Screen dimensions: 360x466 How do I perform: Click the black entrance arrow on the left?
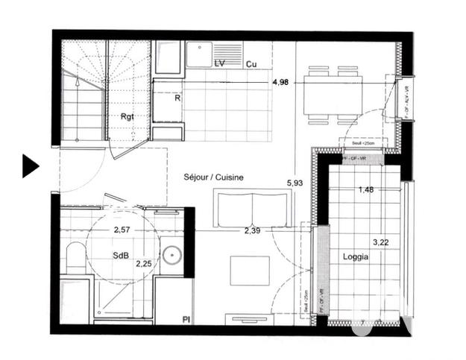(29, 165)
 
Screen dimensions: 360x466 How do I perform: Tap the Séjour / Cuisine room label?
(214, 177)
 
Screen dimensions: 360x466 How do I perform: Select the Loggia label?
(355, 256)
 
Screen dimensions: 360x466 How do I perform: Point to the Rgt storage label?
(127, 116)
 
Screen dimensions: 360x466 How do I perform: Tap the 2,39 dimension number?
(252, 230)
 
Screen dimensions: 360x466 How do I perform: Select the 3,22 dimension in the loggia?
(381, 242)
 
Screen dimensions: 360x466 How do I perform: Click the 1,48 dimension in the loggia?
(366, 189)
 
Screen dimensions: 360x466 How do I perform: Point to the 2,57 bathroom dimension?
(122, 230)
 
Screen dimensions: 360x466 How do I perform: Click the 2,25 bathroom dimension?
(143, 262)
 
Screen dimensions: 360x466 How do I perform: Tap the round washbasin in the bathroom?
(172, 254)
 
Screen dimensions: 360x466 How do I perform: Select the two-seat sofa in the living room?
(251, 209)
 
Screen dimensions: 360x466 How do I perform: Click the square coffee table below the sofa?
(249, 271)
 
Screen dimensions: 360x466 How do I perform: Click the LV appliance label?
(220, 64)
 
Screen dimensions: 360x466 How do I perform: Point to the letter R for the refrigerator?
(177, 97)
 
